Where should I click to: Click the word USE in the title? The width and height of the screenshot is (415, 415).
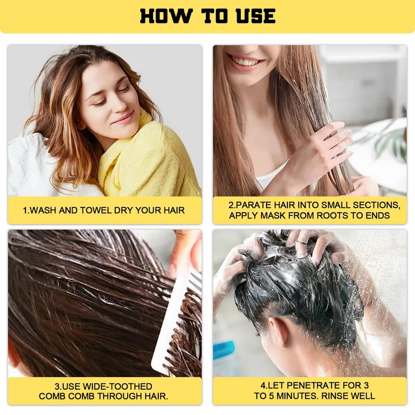256,16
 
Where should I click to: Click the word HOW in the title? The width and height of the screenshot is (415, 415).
165,16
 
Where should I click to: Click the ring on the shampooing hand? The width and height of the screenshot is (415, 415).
300,242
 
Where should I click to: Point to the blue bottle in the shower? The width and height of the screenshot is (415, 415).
224,350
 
